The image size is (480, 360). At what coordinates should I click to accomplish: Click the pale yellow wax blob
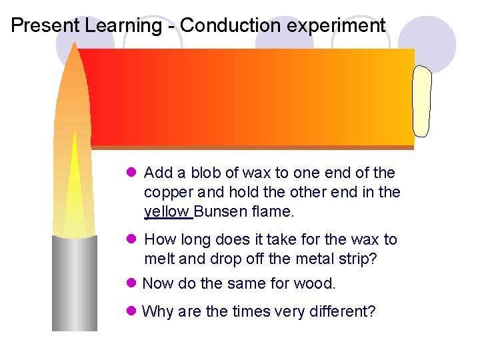pos(422,101)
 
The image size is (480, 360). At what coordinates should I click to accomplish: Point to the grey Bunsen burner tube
pos(75,283)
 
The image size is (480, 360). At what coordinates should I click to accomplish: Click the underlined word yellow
pos(167,212)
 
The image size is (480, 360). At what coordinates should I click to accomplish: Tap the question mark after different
pos(372,311)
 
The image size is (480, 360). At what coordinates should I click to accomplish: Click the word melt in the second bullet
pos(158,259)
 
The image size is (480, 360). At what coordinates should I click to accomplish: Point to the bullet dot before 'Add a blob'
pos(131,173)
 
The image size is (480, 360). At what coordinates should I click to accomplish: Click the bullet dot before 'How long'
pos(131,239)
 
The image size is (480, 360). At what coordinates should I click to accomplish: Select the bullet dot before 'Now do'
pos(131,283)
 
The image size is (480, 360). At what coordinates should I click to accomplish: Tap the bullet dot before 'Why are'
pos(131,311)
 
